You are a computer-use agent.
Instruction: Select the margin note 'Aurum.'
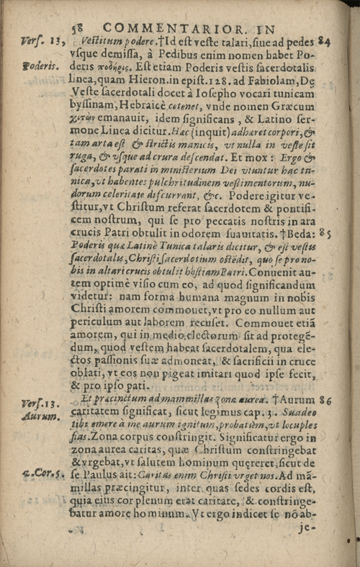coord(36,416)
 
